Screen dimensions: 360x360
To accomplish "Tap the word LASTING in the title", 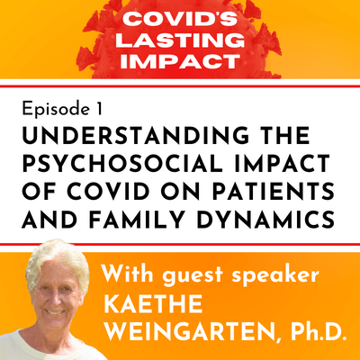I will coord(180,41).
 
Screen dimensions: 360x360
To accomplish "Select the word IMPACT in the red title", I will coord(180,64).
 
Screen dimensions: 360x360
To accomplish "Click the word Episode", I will coord(50,108).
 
